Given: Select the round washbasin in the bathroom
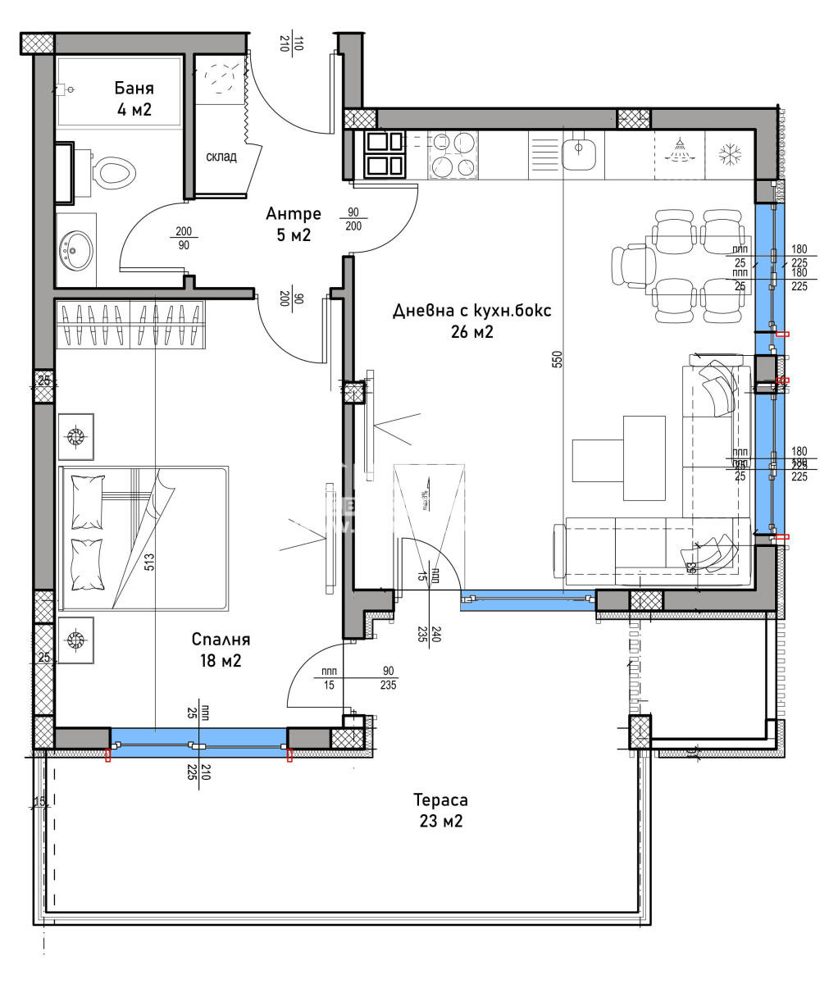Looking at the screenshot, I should click(x=76, y=245).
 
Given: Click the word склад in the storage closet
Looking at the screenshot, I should click(x=221, y=157).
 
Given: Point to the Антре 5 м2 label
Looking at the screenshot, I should click(x=294, y=224).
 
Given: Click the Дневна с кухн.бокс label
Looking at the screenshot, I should click(x=472, y=321).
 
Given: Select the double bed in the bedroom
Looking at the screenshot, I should click(x=143, y=539).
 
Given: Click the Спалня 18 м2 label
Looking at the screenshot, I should click(x=220, y=649).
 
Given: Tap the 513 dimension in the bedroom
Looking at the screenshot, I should click(x=149, y=563).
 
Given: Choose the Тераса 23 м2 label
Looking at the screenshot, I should click(x=440, y=809).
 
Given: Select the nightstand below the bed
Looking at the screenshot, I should click(x=76, y=640).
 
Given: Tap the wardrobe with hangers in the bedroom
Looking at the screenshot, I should click(x=130, y=324).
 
